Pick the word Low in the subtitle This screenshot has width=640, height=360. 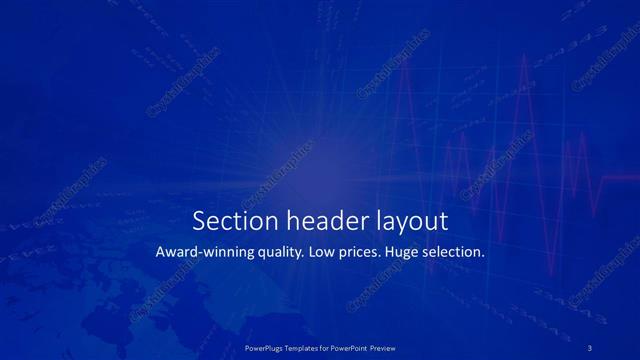(325, 253)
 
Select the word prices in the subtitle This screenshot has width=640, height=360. (365, 253)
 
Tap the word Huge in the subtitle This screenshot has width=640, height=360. (409, 253)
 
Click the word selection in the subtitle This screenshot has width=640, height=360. (457, 253)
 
